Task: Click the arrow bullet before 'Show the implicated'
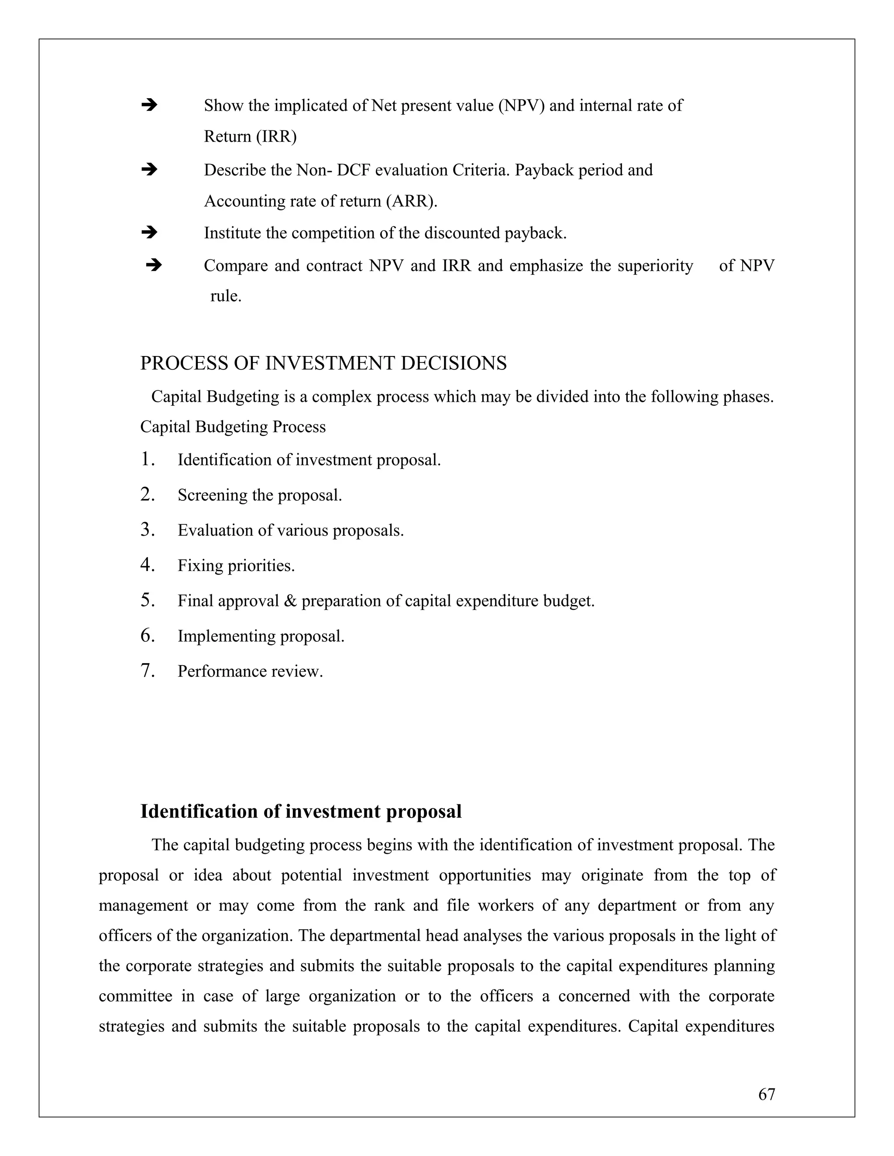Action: [x=149, y=105]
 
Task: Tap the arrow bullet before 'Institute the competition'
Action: [x=149, y=233]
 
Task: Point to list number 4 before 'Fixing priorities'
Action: [x=147, y=565]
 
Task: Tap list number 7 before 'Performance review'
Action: [x=147, y=670]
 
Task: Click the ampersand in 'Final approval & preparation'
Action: [x=290, y=601]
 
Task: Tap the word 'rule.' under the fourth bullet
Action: [x=226, y=296]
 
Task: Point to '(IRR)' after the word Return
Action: [x=276, y=137]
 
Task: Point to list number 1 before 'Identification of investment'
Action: [x=147, y=459]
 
